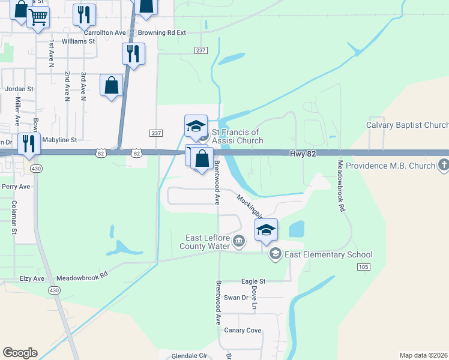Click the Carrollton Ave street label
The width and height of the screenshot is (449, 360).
pyautogui.click(x=105, y=32)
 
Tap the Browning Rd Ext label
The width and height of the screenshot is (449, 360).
pyautogui.click(x=162, y=32)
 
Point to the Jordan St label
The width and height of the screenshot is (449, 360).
pyautogui.click(x=20, y=89)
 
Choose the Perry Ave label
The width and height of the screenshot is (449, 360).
pyautogui.click(x=16, y=187)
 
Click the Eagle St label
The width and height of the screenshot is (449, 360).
pyautogui.click(x=253, y=281)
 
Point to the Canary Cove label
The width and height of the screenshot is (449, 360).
pyautogui.click(x=243, y=331)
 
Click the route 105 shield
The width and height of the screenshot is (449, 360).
pyautogui.click(x=363, y=266)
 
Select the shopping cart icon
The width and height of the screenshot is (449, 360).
pyautogui.click(x=38, y=17)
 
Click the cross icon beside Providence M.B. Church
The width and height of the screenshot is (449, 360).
pyautogui.click(x=443, y=164)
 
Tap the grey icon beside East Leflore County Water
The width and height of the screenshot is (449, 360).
pyautogui.click(x=239, y=242)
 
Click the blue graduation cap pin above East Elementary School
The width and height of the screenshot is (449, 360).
pyautogui.click(x=267, y=230)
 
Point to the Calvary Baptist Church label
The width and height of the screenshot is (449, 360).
pyautogui.click(x=408, y=125)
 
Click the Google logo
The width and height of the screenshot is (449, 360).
pyautogui.click(x=20, y=353)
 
